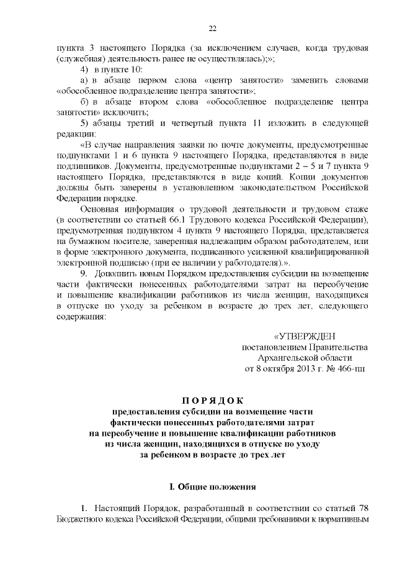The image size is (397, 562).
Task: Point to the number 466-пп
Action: [351, 368]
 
